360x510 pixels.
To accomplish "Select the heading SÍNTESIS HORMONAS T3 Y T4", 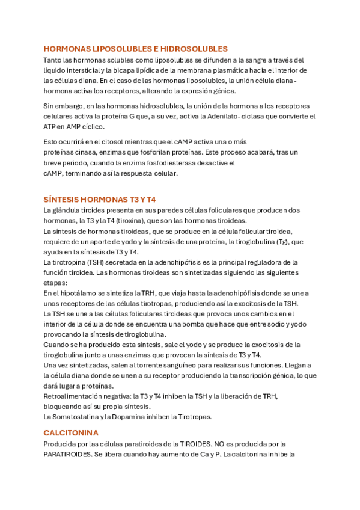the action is click(x=100, y=199).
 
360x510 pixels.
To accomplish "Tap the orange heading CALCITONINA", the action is click(x=71, y=432).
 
